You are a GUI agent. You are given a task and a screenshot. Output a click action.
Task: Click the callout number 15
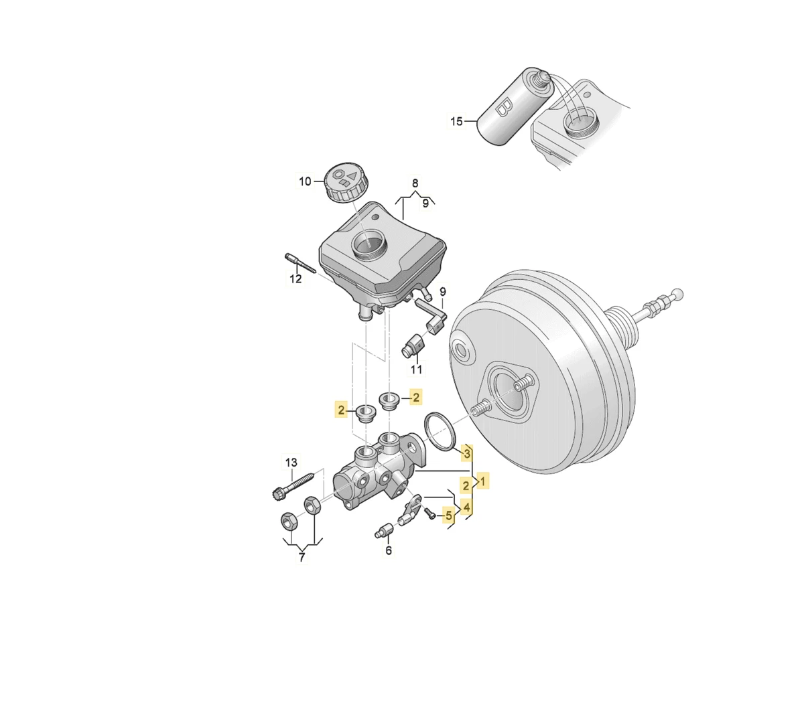pyautogui.click(x=457, y=121)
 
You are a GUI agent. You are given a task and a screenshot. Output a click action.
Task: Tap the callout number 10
pyautogui.click(x=305, y=181)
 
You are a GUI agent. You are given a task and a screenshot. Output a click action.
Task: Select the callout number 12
pyautogui.click(x=295, y=278)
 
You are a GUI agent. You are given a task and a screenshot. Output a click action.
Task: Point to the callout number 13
pyautogui.click(x=291, y=462)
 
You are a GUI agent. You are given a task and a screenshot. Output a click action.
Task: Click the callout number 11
pyautogui.click(x=416, y=369)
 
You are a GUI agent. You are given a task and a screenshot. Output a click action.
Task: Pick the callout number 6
pyautogui.click(x=389, y=550)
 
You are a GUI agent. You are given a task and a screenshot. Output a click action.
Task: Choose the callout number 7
pyautogui.click(x=302, y=557)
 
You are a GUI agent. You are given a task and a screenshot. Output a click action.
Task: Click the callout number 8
pyautogui.click(x=415, y=183)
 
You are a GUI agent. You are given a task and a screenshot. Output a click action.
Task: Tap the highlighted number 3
pyautogui.click(x=467, y=453)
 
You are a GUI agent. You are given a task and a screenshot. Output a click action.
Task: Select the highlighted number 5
pyautogui.click(x=448, y=515)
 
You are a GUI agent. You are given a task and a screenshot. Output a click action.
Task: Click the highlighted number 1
pyautogui.click(x=483, y=481)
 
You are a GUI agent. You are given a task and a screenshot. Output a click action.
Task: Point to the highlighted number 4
pyautogui.click(x=466, y=507)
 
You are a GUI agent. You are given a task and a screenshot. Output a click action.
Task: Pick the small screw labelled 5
pyautogui.click(x=429, y=513)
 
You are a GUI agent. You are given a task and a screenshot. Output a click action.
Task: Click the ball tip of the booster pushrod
pyautogui.click(x=678, y=294)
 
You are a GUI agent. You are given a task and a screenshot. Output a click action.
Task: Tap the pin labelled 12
pyautogui.click(x=299, y=263)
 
